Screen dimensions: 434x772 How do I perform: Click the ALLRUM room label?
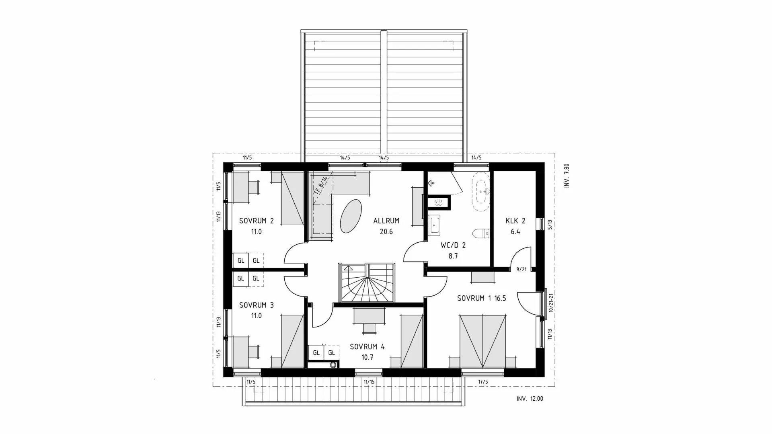(386, 221)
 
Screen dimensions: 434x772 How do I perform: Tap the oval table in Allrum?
(351, 216)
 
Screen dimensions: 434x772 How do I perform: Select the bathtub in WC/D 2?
(481, 192)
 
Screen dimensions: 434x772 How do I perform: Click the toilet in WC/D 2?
(481, 233)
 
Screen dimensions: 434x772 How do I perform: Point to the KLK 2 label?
(515, 221)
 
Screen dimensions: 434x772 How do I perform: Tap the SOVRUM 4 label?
(367, 346)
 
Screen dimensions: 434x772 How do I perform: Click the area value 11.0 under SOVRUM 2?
(256, 232)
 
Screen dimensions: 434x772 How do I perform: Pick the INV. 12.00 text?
(530, 399)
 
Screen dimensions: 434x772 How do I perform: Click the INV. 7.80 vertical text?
(567, 176)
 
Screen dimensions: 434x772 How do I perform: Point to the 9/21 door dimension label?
(521, 270)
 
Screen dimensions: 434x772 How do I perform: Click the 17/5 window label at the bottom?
(483, 382)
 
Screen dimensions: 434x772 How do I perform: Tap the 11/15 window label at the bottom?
(369, 382)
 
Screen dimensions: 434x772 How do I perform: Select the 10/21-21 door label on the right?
(551, 303)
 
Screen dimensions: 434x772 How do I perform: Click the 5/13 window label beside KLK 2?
(550, 224)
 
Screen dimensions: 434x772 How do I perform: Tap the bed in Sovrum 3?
(292, 341)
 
